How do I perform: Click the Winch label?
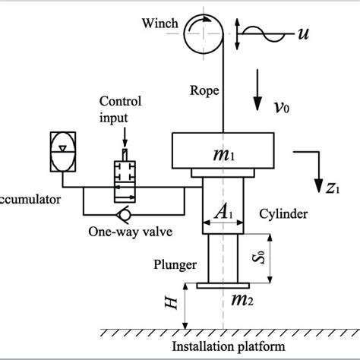[159, 23]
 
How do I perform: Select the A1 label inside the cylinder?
[223, 214]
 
